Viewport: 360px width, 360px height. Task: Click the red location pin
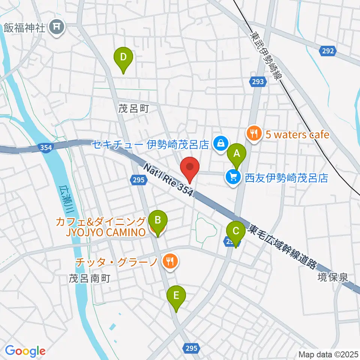[190, 168]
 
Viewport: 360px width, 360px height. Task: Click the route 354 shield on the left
[45, 148]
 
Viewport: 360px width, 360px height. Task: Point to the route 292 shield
[328, 51]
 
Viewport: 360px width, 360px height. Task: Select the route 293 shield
[258, 81]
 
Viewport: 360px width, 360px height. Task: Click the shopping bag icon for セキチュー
[220, 143]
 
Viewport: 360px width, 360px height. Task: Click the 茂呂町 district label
[134, 109]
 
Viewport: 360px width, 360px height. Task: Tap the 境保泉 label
[332, 278]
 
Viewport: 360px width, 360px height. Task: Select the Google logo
[25, 351]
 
